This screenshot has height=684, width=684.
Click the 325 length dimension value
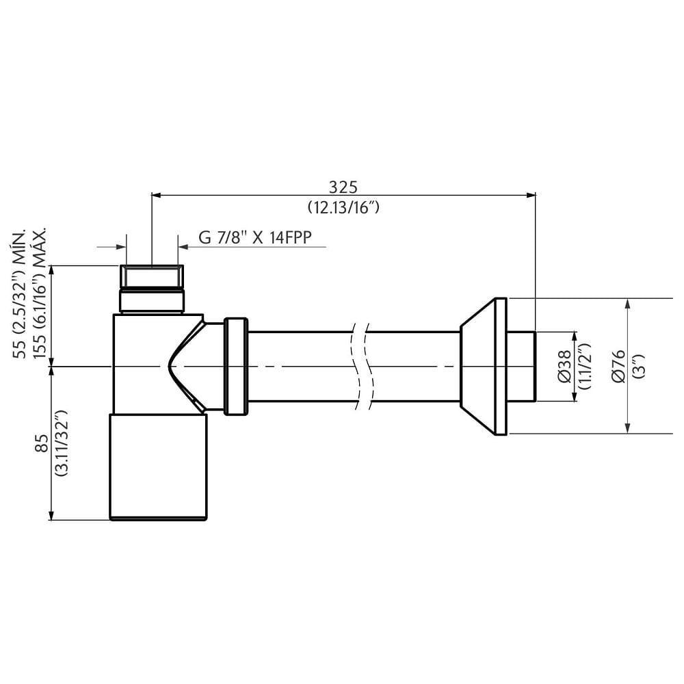pyautogui.click(x=343, y=186)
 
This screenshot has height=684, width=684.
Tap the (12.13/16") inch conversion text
pyautogui.click(x=343, y=208)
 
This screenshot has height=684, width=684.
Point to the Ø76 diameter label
pyautogui.click(x=619, y=366)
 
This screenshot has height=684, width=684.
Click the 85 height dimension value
pyautogui.click(x=41, y=443)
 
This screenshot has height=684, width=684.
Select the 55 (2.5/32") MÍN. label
pyautogui.click(x=21, y=294)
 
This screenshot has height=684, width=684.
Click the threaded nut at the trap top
pyautogui.click(x=152, y=277)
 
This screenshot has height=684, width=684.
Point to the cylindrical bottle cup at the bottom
pyautogui.click(x=158, y=466)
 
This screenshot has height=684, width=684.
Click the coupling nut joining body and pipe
pyautogui.click(x=236, y=366)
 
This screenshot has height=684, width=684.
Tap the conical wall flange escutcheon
pyautogui.click(x=483, y=366)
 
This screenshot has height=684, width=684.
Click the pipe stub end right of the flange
pyautogui.click(x=521, y=366)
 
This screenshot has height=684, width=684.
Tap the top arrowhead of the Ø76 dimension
pyautogui.click(x=628, y=303)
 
